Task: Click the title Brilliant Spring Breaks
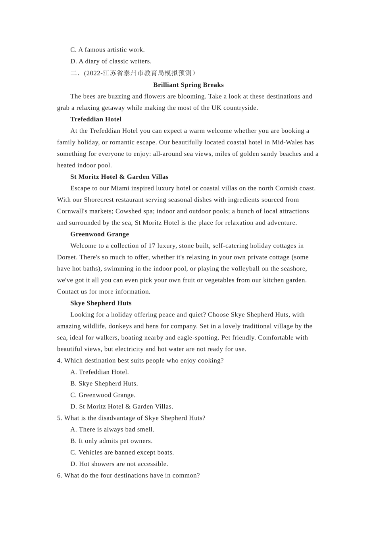pos(188,85)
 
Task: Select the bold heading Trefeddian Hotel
pos(96,119)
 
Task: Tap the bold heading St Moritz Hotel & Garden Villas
pos(119,177)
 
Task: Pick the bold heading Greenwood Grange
pos(99,234)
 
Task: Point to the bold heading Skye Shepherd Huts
pos(101,303)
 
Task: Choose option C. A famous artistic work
pos(107,50)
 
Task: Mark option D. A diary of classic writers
pos(111,61)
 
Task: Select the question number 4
pos(60,361)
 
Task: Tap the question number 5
pos(60,418)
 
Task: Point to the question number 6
pos(60,476)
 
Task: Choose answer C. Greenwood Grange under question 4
pos(103,395)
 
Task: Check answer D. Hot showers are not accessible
pos(119,464)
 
